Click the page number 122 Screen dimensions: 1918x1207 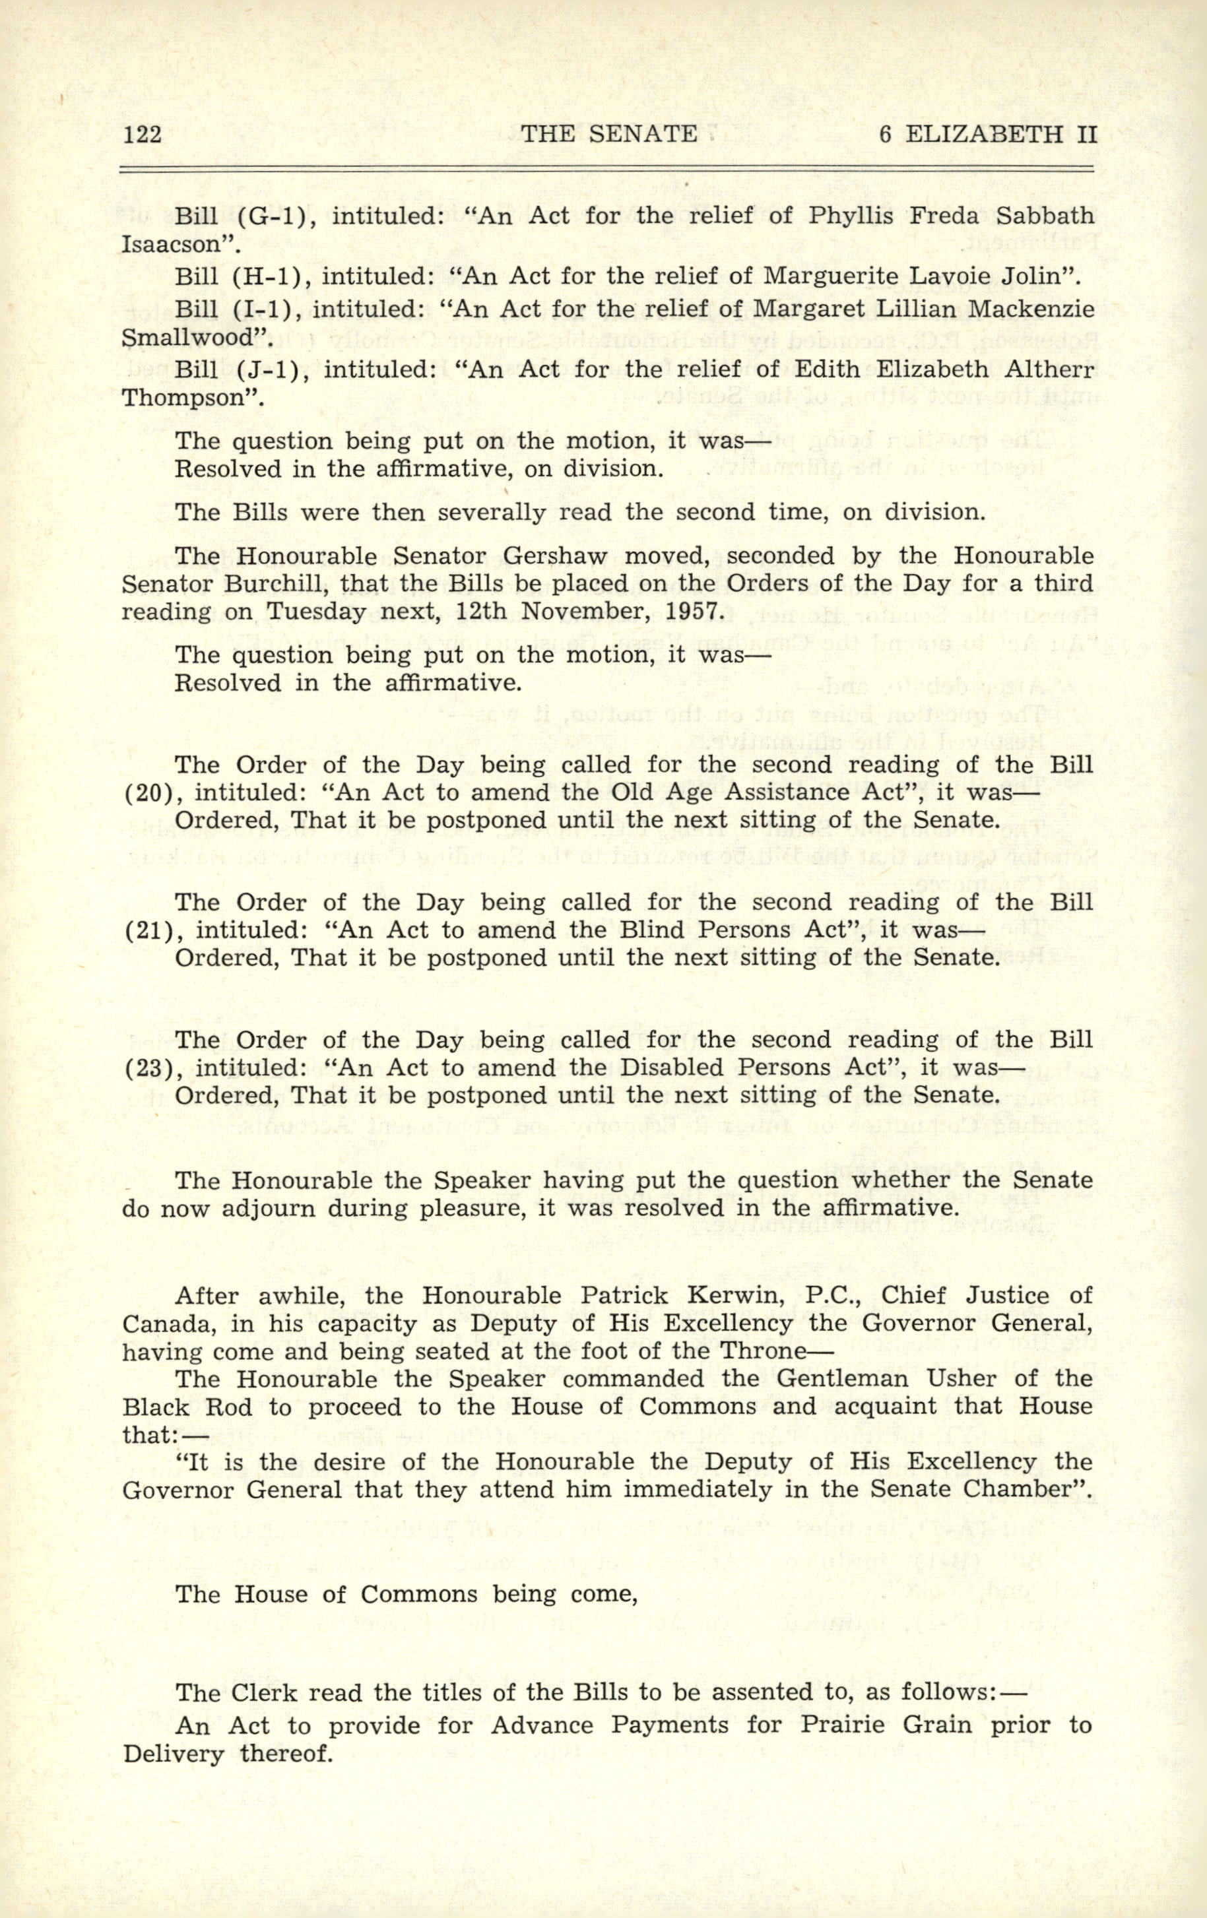tap(143, 135)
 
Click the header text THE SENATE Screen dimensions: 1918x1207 tap(608, 135)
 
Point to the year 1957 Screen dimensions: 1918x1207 tap(689, 612)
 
